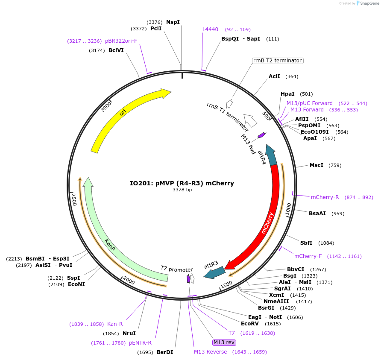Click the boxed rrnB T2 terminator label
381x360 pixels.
[278, 61]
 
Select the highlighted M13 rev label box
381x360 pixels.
[224, 342]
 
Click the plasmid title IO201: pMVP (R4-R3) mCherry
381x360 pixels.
[182, 183]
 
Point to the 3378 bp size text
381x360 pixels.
[182, 190]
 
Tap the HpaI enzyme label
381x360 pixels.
[287, 94]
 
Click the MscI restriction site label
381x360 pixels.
[317, 165]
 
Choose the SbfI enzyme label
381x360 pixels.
[306, 243]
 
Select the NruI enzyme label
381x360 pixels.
[129, 333]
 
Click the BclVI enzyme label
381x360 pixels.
[116, 50]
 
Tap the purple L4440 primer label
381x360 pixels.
[210, 29]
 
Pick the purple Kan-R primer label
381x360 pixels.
[115, 324]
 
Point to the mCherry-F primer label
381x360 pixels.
[308, 256]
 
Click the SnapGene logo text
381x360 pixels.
[369, 3]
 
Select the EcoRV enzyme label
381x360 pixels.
[250, 324]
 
